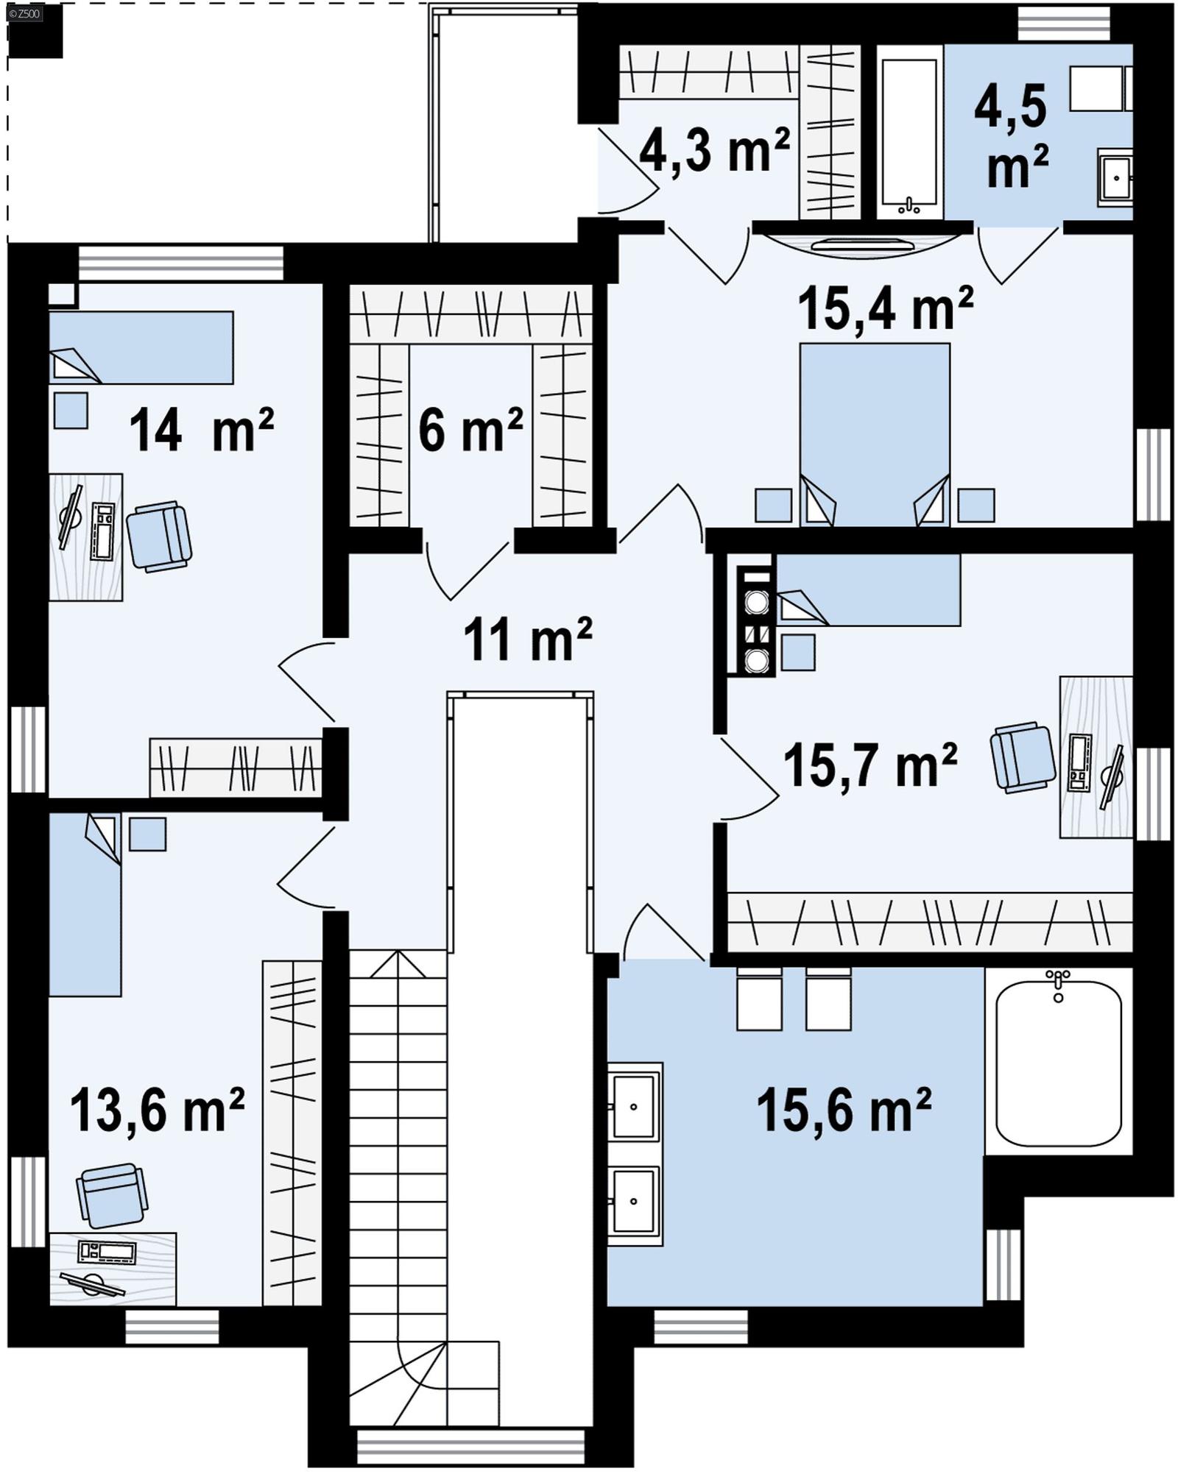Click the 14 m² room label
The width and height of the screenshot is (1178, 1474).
(x=200, y=430)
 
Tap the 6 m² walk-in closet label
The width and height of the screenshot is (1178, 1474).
(x=470, y=430)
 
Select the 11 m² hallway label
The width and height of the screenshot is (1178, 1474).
(x=527, y=639)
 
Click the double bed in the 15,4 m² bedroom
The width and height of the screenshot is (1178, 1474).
(x=874, y=434)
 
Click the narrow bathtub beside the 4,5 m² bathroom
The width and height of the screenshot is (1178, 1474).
(x=909, y=132)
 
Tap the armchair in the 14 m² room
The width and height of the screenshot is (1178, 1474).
(x=159, y=536)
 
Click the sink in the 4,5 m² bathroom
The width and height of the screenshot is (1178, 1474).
(x=1115, y=177)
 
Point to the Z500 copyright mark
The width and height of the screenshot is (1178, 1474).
(x=24, y=13)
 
